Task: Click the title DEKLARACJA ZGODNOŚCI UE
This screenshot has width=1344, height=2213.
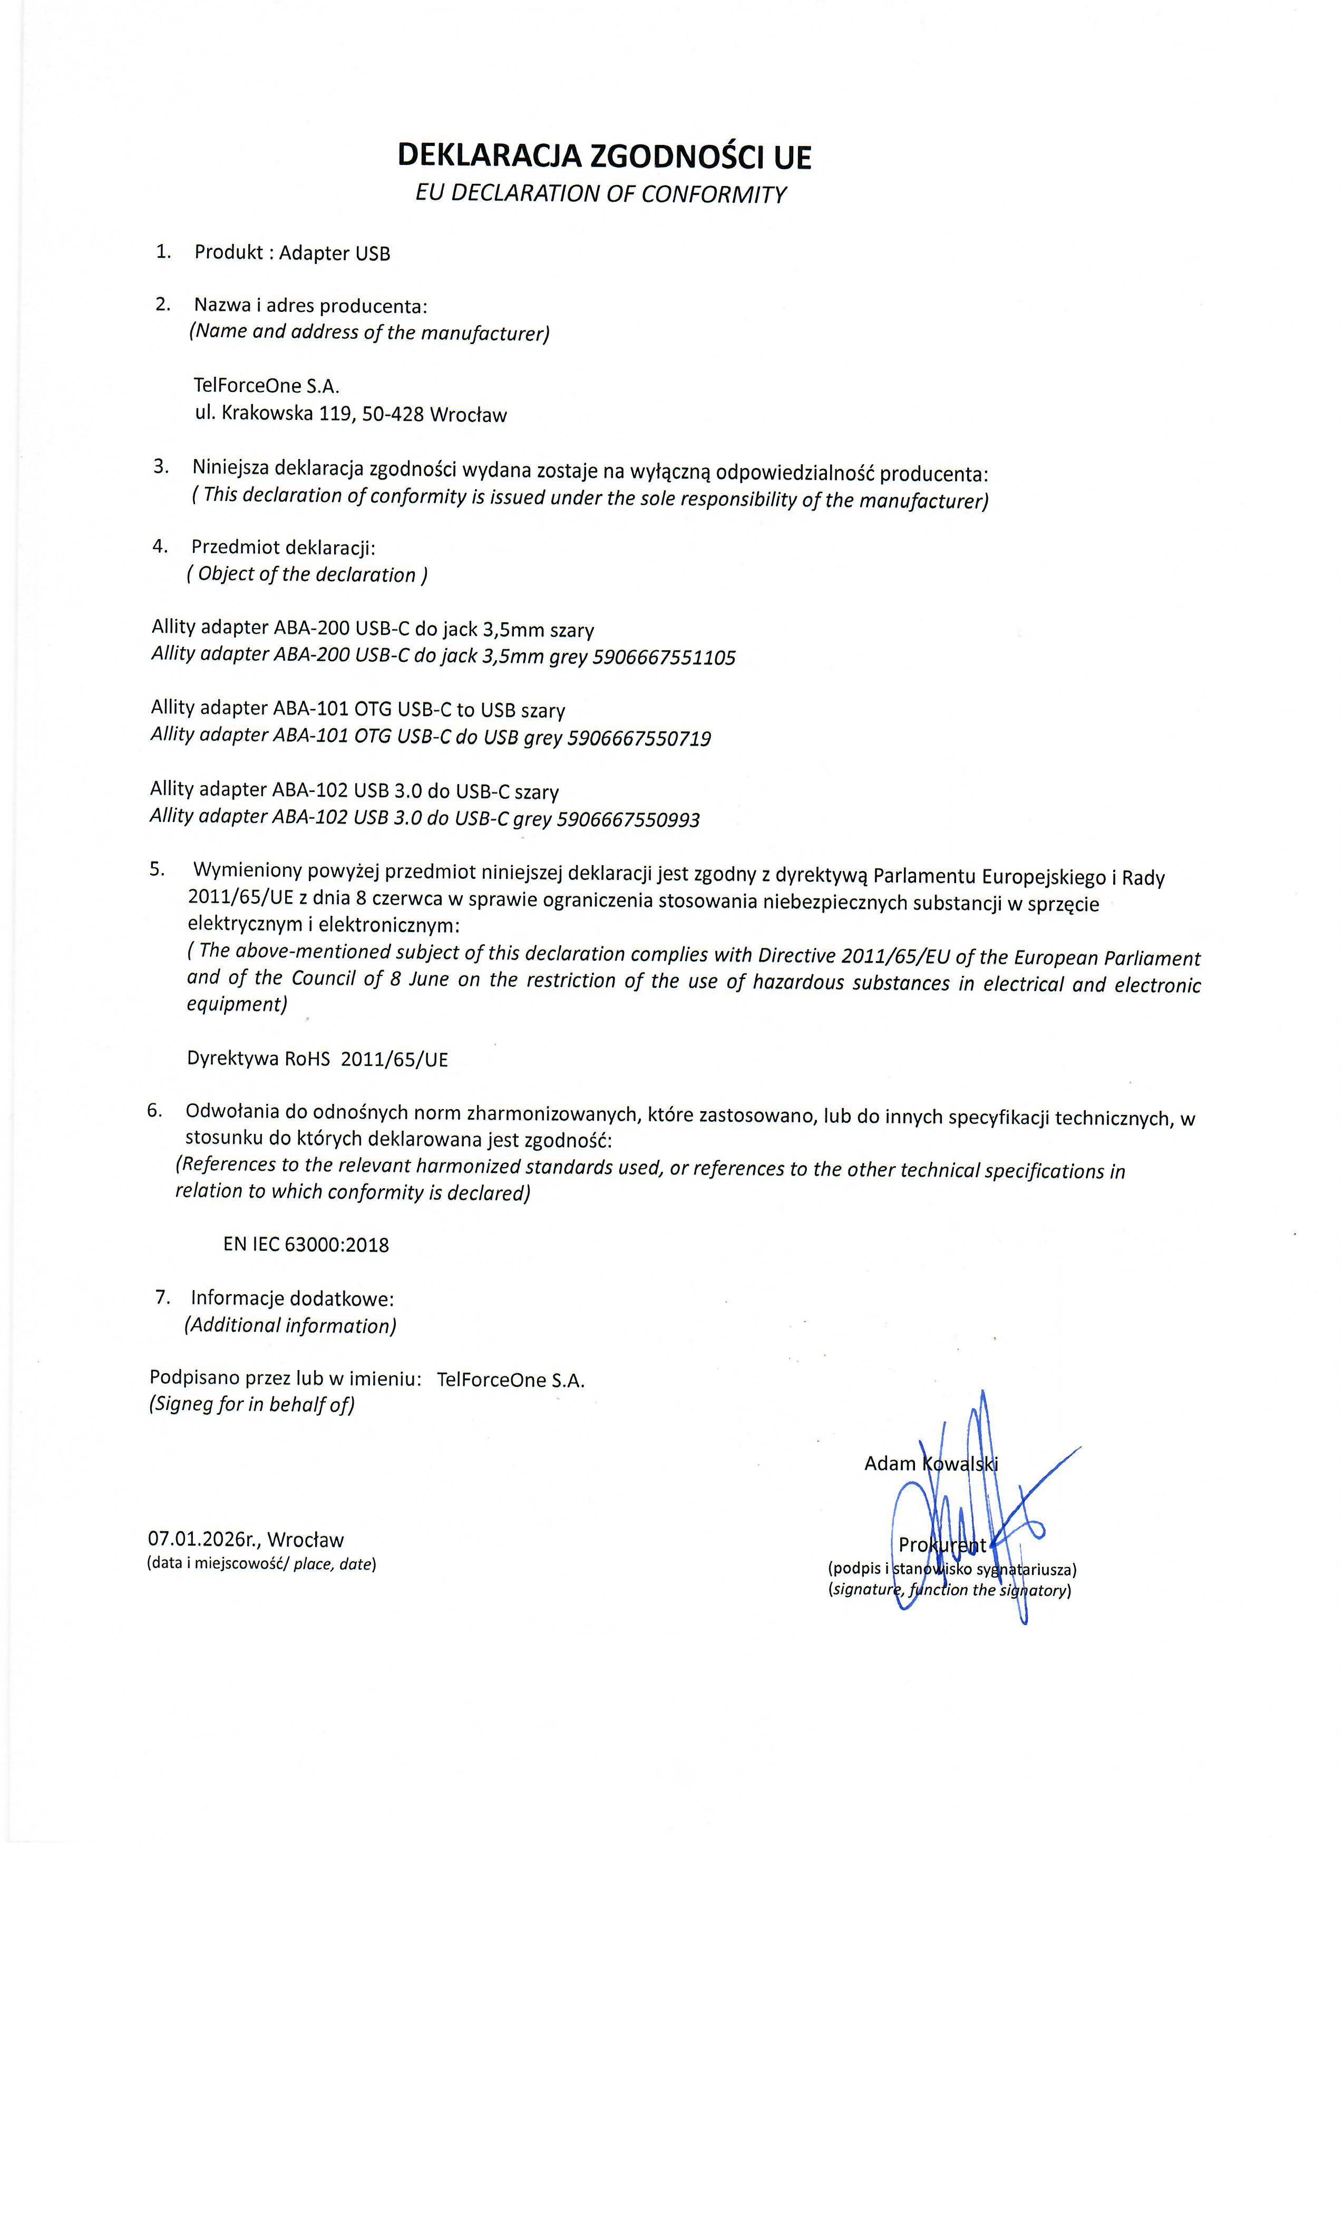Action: pos(603,157)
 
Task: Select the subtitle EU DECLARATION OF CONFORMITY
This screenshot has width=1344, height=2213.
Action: pos(600,194)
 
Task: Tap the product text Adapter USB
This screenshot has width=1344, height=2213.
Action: pos(334,253)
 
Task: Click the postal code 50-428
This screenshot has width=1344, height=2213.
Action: pos(393,414)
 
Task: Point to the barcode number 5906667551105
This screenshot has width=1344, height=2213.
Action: pos(664,658)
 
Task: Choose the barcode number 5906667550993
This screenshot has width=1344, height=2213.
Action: pos(628,819)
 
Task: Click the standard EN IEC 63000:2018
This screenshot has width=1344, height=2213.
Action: pos(306,1245)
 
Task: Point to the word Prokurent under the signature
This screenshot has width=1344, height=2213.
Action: pos(942,1545)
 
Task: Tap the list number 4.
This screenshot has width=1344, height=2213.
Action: pos(160,546)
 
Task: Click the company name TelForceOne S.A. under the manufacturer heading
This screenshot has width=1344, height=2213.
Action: pos(267,386)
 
